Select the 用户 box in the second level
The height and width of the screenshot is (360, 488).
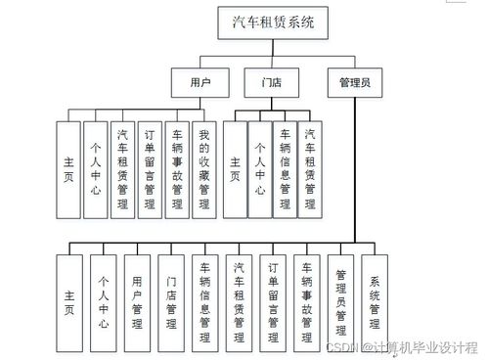point(200,82)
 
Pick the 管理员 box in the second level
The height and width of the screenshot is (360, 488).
point(354,82)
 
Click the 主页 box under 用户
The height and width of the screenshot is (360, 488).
point(67,168)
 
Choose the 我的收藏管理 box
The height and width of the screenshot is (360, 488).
point(204,168)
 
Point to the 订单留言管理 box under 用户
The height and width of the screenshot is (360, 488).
point(150,168)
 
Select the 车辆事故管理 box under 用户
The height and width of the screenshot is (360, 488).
point(177,168)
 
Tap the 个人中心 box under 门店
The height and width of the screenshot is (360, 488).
point(260,168)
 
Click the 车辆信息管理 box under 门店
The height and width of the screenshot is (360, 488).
point(285,168)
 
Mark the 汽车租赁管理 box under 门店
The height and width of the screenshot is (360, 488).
point(310,168)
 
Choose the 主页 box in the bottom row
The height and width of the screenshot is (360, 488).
point(69,301)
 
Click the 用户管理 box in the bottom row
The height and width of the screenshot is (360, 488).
point(137,301)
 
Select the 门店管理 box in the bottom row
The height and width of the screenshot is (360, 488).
point(171,301)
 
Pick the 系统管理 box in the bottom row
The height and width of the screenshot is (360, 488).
point(375,301)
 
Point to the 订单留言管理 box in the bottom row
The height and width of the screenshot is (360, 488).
point(273,301)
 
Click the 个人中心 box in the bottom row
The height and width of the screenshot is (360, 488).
point(104,301)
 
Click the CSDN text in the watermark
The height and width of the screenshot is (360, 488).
point(340,347)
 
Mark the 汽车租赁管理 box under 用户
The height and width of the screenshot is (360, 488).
point(122,168)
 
